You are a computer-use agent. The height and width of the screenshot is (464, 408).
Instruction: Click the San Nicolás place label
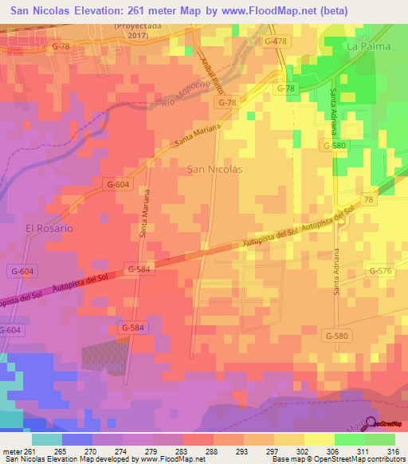(x=213, y=169)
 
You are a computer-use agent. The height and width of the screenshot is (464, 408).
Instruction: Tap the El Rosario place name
(x=49, y=228)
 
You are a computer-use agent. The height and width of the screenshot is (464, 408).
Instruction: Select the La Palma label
(x=369, y=47)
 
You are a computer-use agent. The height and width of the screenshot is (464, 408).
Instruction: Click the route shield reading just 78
(x=368, y=199)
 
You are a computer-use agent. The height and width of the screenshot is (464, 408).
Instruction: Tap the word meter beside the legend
(x=12, y=450)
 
